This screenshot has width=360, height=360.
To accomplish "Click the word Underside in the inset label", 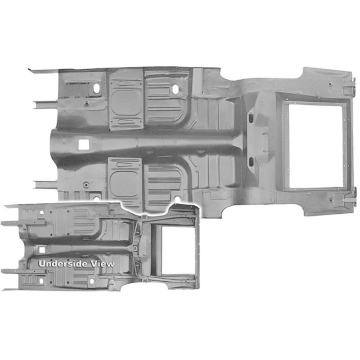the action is coord(63,264).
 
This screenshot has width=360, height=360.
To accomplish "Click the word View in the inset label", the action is coord(102,264).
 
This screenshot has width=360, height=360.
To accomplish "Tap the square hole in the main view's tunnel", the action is coord(84,144).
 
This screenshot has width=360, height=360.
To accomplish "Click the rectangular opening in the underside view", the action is coord(178,250).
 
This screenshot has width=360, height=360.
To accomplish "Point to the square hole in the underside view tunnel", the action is coord(42,250).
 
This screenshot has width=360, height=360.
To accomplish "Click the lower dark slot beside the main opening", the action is coord(251,162).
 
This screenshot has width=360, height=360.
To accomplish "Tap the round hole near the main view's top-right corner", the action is coord(330,84).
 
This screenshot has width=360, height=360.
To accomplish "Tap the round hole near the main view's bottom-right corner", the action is coord(331,200).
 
